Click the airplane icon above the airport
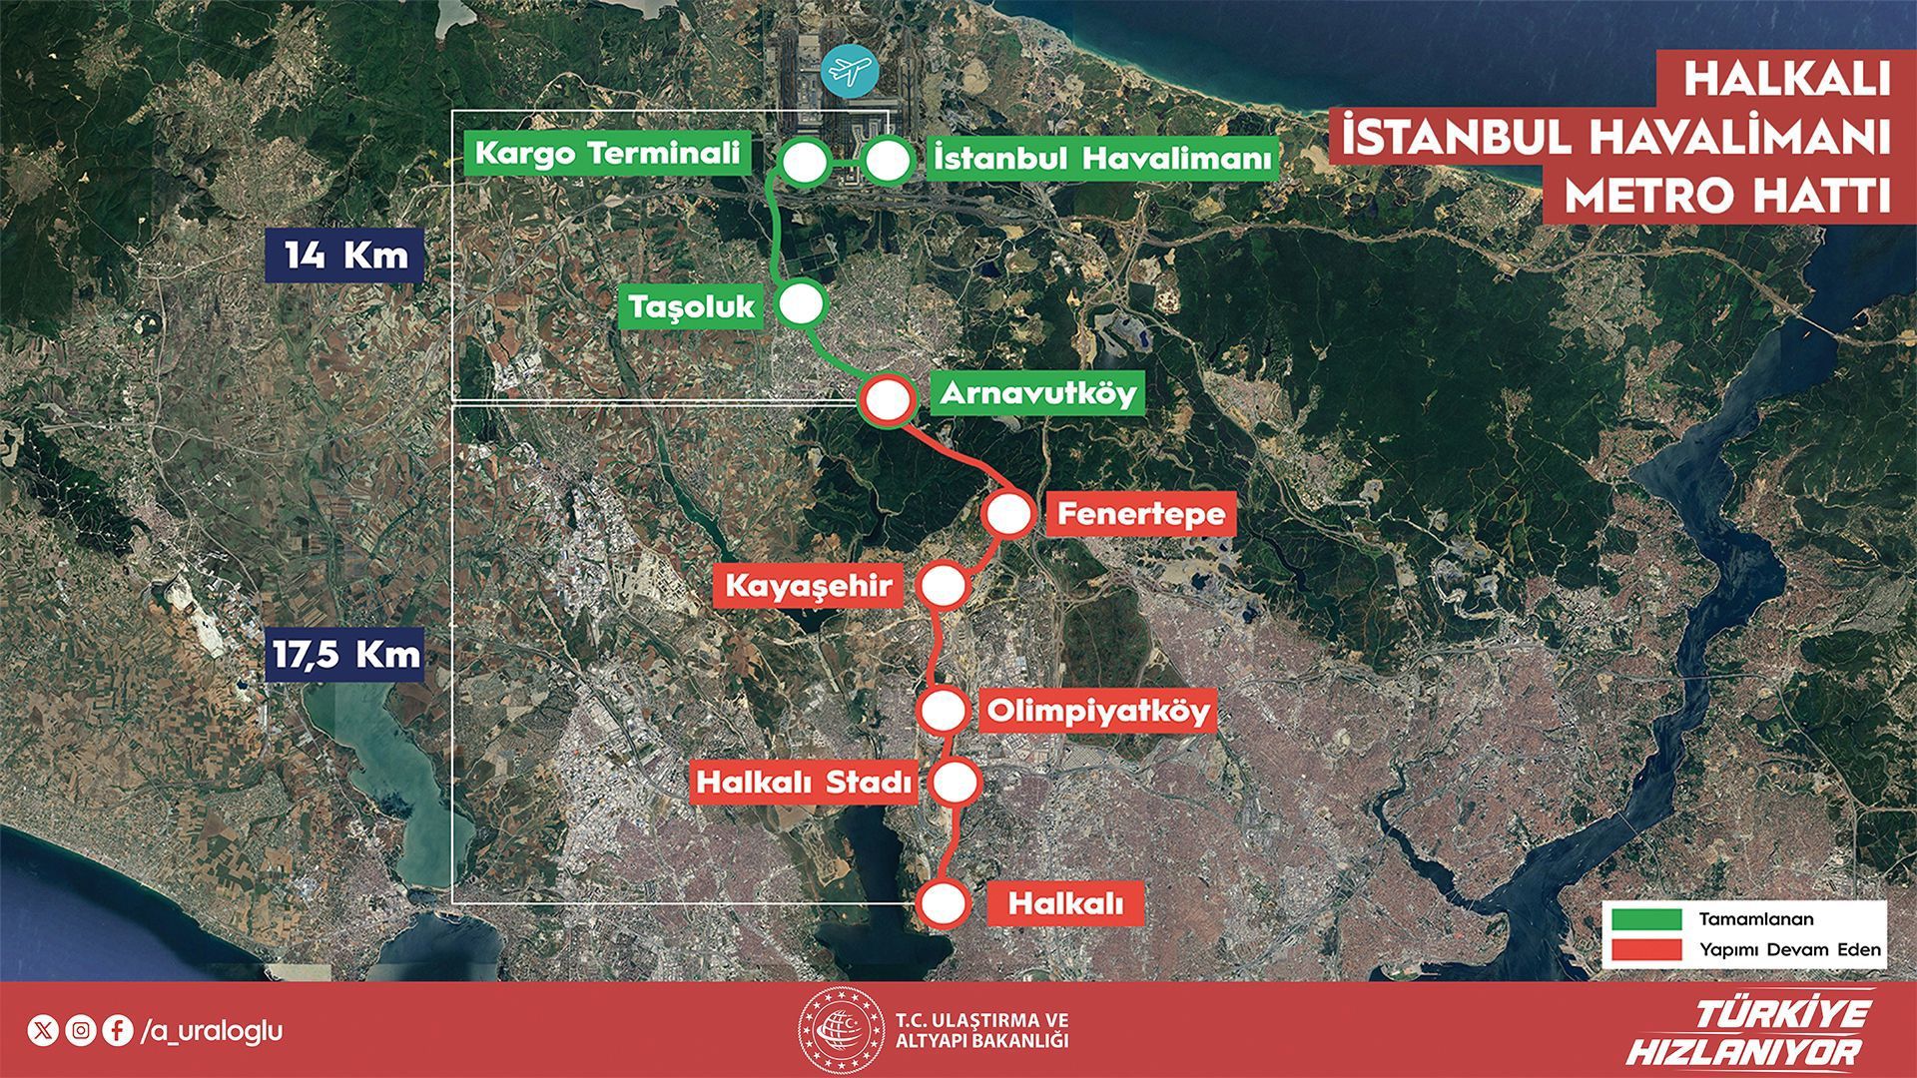pyautogui.click(x=848, y=70)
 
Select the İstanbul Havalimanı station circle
pyautogui.click(x=887, y=162)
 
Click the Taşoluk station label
pyautogui.click(x=692, y=306)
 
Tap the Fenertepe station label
pyautogui.click(x=1140, y=515)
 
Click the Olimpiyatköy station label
pyautogui.click(x=1097, y=712)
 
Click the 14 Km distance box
pyautogui.click(x=345, y=256)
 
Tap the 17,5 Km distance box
pyautogui.click(x=345, y=655)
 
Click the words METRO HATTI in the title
pyautogui.click(x=1726, y=197)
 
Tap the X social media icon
pyautogui.click(x=43, y=1030)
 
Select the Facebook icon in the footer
pyautogui.click(x=117, y=1030)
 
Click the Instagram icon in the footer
pyautogui.click(x=80, y=1030)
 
